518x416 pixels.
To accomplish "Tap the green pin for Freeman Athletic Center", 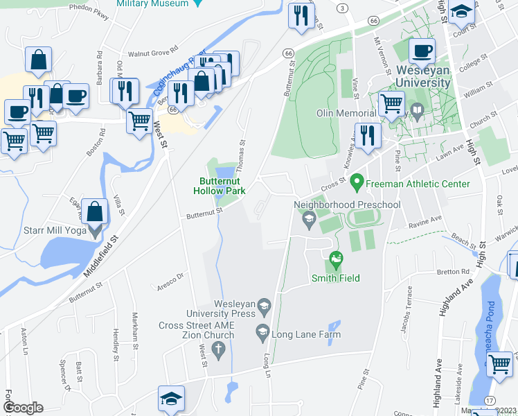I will [x=357, y=183].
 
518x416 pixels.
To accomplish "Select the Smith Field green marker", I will [x=336, y=261].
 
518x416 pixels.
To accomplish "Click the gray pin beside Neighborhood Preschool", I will [x=309, y=221].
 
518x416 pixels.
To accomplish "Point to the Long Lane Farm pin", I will [x=263, y=334].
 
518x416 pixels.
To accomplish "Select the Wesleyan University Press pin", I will [x=263, y=305].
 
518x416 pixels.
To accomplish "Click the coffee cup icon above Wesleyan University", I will [x=422, y=51].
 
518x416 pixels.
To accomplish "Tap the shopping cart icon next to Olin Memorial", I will [x=391, y=104].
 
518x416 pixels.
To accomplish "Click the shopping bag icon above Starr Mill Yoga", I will [x=94, y=210].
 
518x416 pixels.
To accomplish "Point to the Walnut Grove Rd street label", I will [x=153, y=53].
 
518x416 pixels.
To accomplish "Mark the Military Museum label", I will [x=152, y=3].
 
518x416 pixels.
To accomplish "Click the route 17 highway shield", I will [x=490, y=400].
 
